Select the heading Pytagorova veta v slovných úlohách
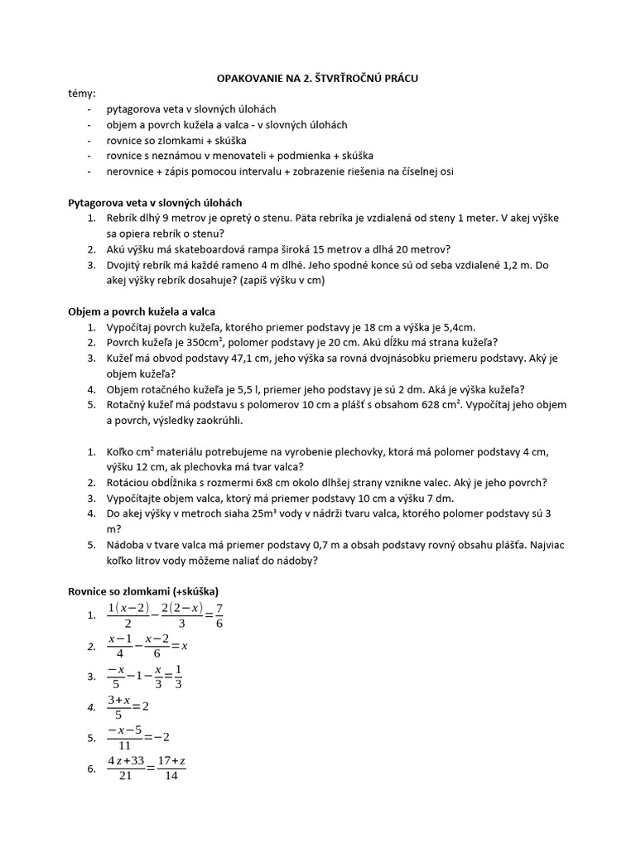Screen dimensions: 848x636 (x=154, y=202)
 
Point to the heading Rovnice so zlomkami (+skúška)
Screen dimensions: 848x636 (x=142, y=591)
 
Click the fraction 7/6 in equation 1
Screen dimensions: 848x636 (x=219, y=616)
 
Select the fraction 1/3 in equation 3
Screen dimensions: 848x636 (x=178, y=677)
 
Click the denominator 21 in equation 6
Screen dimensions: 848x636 (x=126, y=776)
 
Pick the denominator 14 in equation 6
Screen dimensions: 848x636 (x=171, y=776)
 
